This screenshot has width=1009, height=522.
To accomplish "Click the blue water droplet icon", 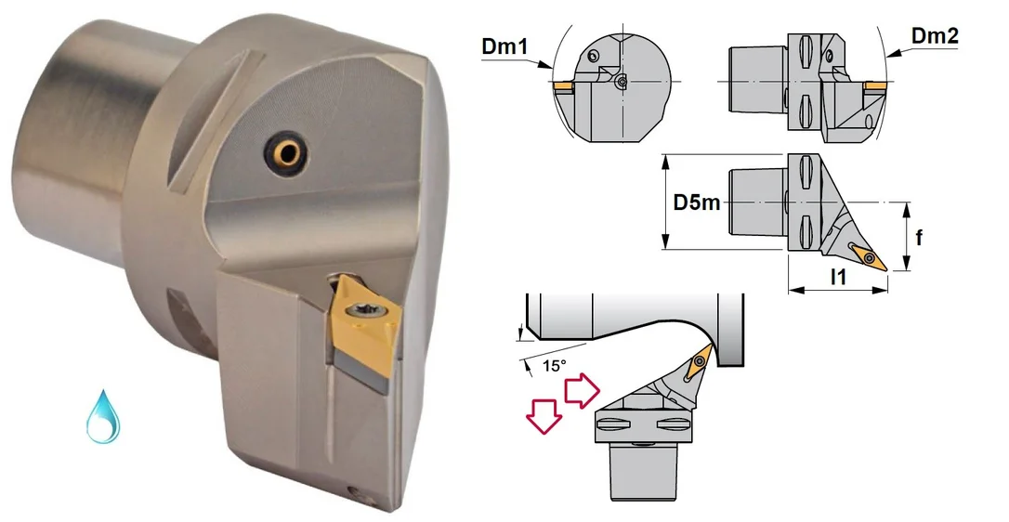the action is [x=103, y=416].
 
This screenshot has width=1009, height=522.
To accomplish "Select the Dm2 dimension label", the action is [x=935, y=35].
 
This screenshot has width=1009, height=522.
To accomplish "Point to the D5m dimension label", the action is [x=697, y=202].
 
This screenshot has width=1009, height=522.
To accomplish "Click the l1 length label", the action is [x=838, y=277].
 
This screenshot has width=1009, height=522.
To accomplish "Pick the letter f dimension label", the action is [x=919, y=237].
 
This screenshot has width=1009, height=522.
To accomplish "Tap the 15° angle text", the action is [x=554, y=366].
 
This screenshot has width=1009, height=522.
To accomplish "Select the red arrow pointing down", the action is [x=544, y=414].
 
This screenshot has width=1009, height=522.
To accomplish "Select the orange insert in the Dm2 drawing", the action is [x=874, y=85].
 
